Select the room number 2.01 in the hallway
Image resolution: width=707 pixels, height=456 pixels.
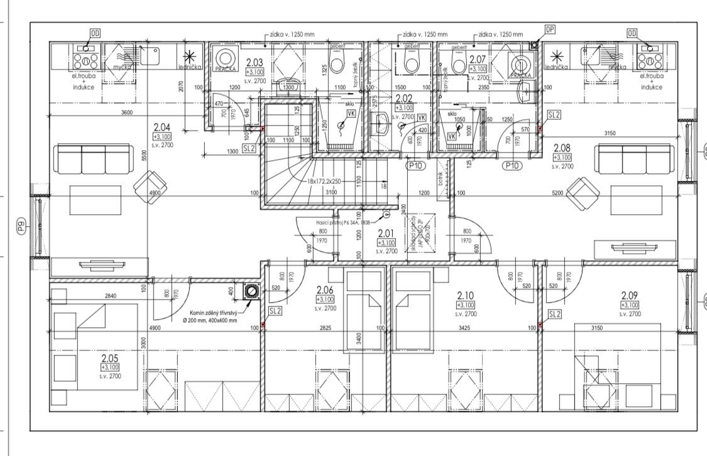(x=386, y=232)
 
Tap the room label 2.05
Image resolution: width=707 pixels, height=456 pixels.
(x=109, y=358)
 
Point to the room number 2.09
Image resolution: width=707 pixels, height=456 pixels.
(x=630, y=295)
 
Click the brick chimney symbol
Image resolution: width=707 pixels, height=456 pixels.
(x=253, y=291)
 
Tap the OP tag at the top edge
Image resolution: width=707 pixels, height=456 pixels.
(x=550, y=29)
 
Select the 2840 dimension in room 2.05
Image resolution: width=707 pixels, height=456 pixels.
(x=94, y=295)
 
